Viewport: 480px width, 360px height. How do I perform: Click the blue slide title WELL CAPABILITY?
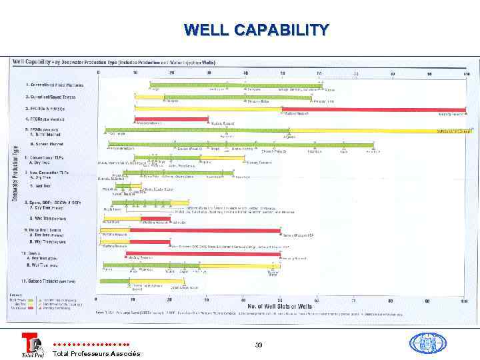coord(256,30)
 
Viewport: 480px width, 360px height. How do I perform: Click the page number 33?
coord(259,344)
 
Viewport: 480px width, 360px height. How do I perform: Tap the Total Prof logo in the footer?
coord(31,345)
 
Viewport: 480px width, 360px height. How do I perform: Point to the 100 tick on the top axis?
coord(467,73)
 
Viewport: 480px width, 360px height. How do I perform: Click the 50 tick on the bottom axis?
coord(281,300)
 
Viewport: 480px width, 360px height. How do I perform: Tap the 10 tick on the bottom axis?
coord(135,300)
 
